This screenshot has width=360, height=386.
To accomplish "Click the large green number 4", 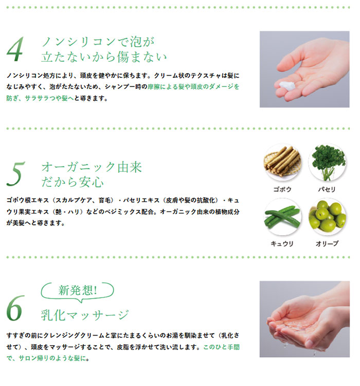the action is tap(15, 49).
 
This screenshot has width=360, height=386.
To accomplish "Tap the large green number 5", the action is tap(16, 173).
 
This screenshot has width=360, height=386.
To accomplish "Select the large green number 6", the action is tap(15, 308).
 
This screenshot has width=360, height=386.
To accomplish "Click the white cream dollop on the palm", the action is tap(287, 85).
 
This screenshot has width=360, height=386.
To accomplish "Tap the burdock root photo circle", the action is tap(282, 163).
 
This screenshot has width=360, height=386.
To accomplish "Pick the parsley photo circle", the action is tap(327, 163).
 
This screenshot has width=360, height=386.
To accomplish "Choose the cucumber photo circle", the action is tap(282, 217).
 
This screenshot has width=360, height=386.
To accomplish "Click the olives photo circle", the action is tap(327, 217).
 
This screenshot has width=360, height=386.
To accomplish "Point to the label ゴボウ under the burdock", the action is tap(282, 189).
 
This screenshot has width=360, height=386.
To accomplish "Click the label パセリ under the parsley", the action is tap(327, 189).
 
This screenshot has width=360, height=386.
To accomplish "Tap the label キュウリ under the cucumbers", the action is tap(282, 244).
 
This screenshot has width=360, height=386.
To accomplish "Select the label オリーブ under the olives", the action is tap(327, 244).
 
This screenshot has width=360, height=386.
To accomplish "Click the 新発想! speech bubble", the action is tap(77, 290).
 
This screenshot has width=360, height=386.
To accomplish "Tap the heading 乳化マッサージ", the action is tap(85, 315).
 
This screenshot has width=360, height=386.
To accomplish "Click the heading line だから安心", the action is tap(73, 182).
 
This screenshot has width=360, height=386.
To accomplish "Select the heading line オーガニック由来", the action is tap(92, 167).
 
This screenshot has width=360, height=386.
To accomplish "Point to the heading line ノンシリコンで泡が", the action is tap(98, 42).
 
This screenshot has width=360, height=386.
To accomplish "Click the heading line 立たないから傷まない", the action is tap(104, 57).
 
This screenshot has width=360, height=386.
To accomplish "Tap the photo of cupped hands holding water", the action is tap(304, 319).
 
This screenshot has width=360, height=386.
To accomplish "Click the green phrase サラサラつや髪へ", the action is tap(49, 98).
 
